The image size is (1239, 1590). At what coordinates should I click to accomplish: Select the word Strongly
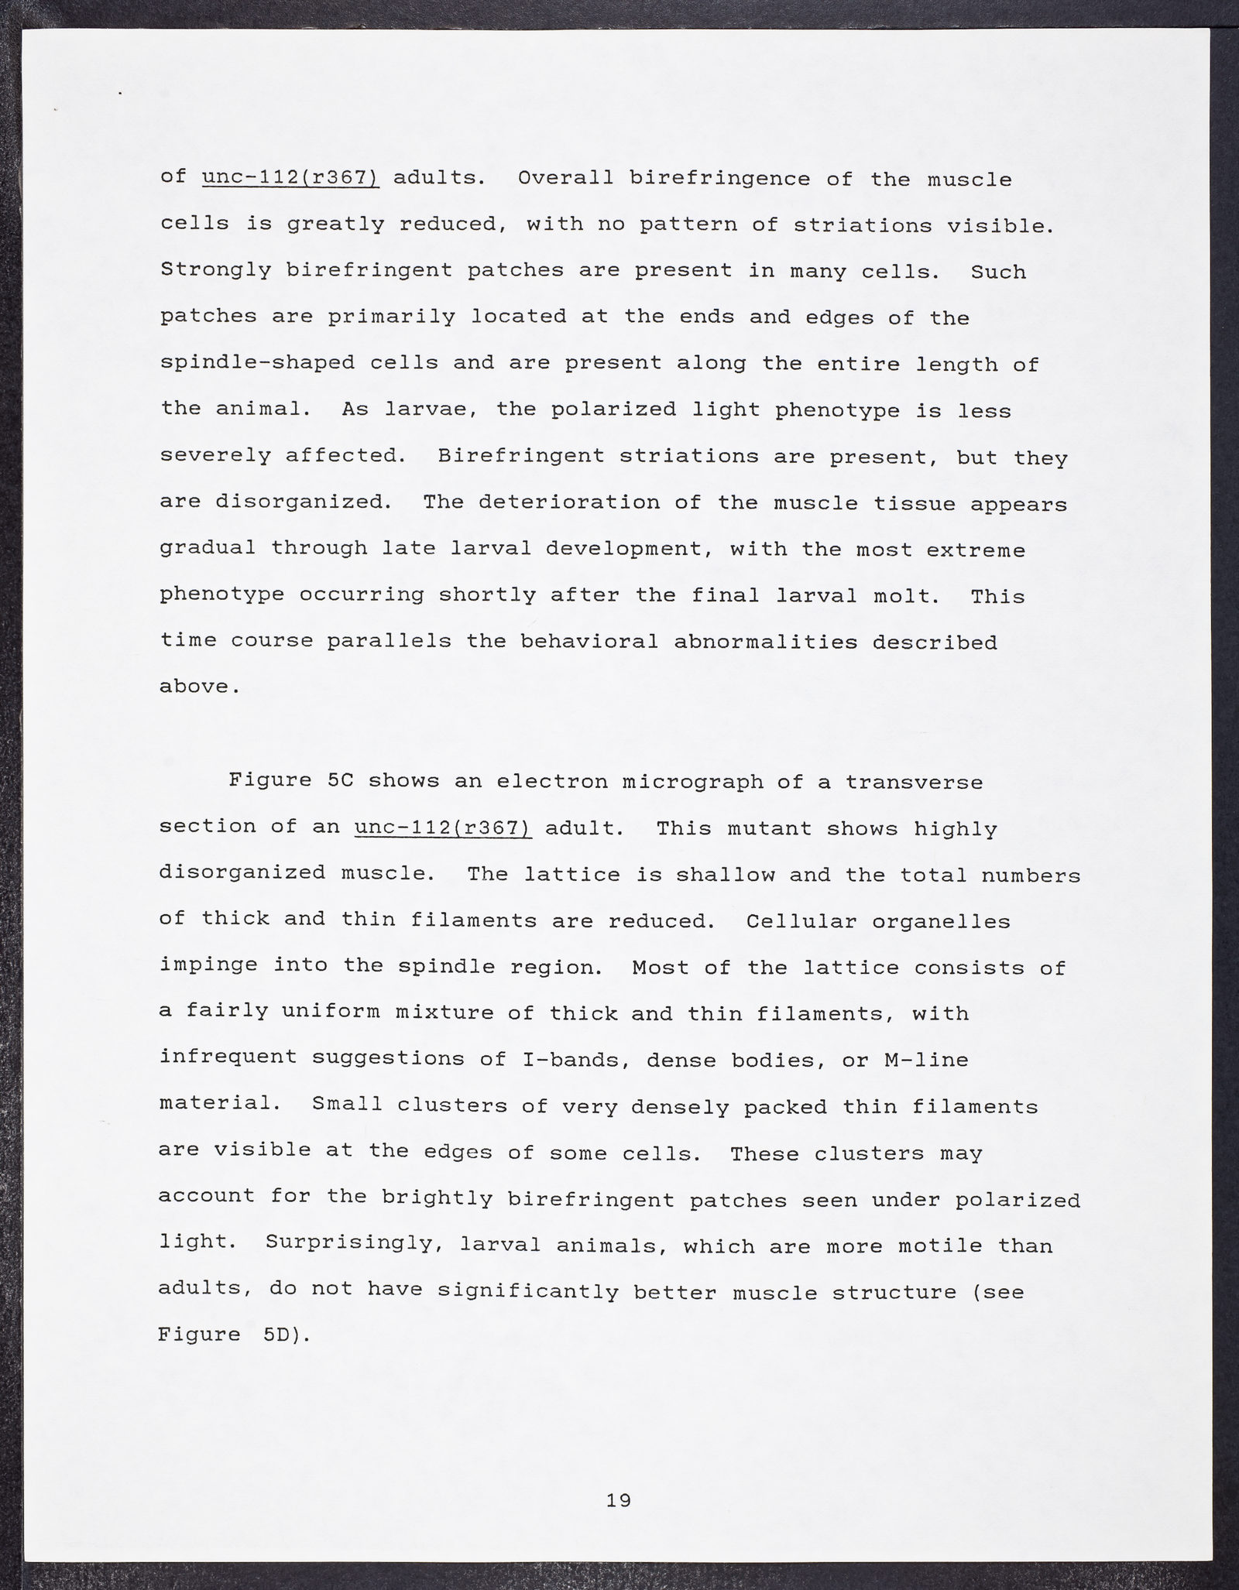point(215,270)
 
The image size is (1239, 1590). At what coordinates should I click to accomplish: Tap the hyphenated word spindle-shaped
point(257,363)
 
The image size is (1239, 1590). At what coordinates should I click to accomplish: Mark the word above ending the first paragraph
point(195,687)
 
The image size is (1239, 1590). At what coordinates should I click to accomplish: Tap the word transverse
point(914,782)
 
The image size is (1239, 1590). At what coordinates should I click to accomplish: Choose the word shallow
point(726,875)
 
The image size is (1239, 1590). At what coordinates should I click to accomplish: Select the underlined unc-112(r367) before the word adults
point(290,178)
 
